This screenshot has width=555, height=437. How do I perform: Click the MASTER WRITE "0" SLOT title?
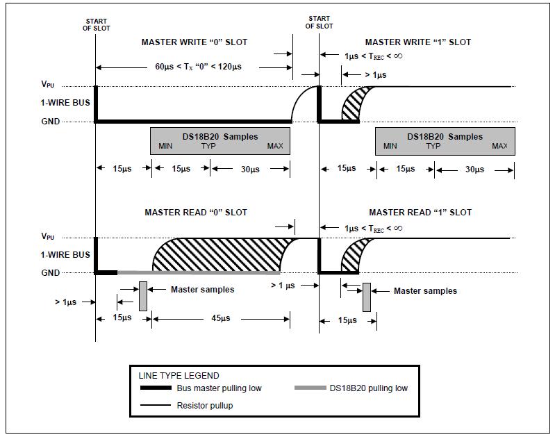click(194, 42)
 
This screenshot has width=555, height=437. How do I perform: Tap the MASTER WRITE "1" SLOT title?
click(418, 42)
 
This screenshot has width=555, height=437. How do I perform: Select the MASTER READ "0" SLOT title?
click(196, 213)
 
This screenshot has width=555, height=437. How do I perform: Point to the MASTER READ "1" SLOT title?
click(420, 213)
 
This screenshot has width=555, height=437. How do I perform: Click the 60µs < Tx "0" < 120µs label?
click(198, 67)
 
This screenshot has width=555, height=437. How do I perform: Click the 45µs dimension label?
click(221, 318)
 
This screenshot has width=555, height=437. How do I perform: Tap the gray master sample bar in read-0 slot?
click(143, 296)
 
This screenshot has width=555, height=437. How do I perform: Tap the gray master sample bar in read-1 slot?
click(367, 297)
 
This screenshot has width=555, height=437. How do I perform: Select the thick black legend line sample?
click(156, 388)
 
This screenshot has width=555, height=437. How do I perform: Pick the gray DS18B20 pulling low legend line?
click(310, 388)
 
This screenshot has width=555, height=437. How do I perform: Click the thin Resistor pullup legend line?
click(156, 405)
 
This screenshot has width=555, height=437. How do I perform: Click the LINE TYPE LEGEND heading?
click(179, 375)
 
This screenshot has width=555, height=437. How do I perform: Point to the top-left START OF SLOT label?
click(97, 25)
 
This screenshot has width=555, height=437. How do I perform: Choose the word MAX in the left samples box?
click(275, 146)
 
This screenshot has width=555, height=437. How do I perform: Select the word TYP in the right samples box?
click(433, 146)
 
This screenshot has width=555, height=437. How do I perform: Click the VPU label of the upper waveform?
click(48, 84)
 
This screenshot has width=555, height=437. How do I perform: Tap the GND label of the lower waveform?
click(50, 272)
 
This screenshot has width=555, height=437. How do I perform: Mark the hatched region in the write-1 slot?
click(354, 104)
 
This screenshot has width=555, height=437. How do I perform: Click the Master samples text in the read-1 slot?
click(425, 291)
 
